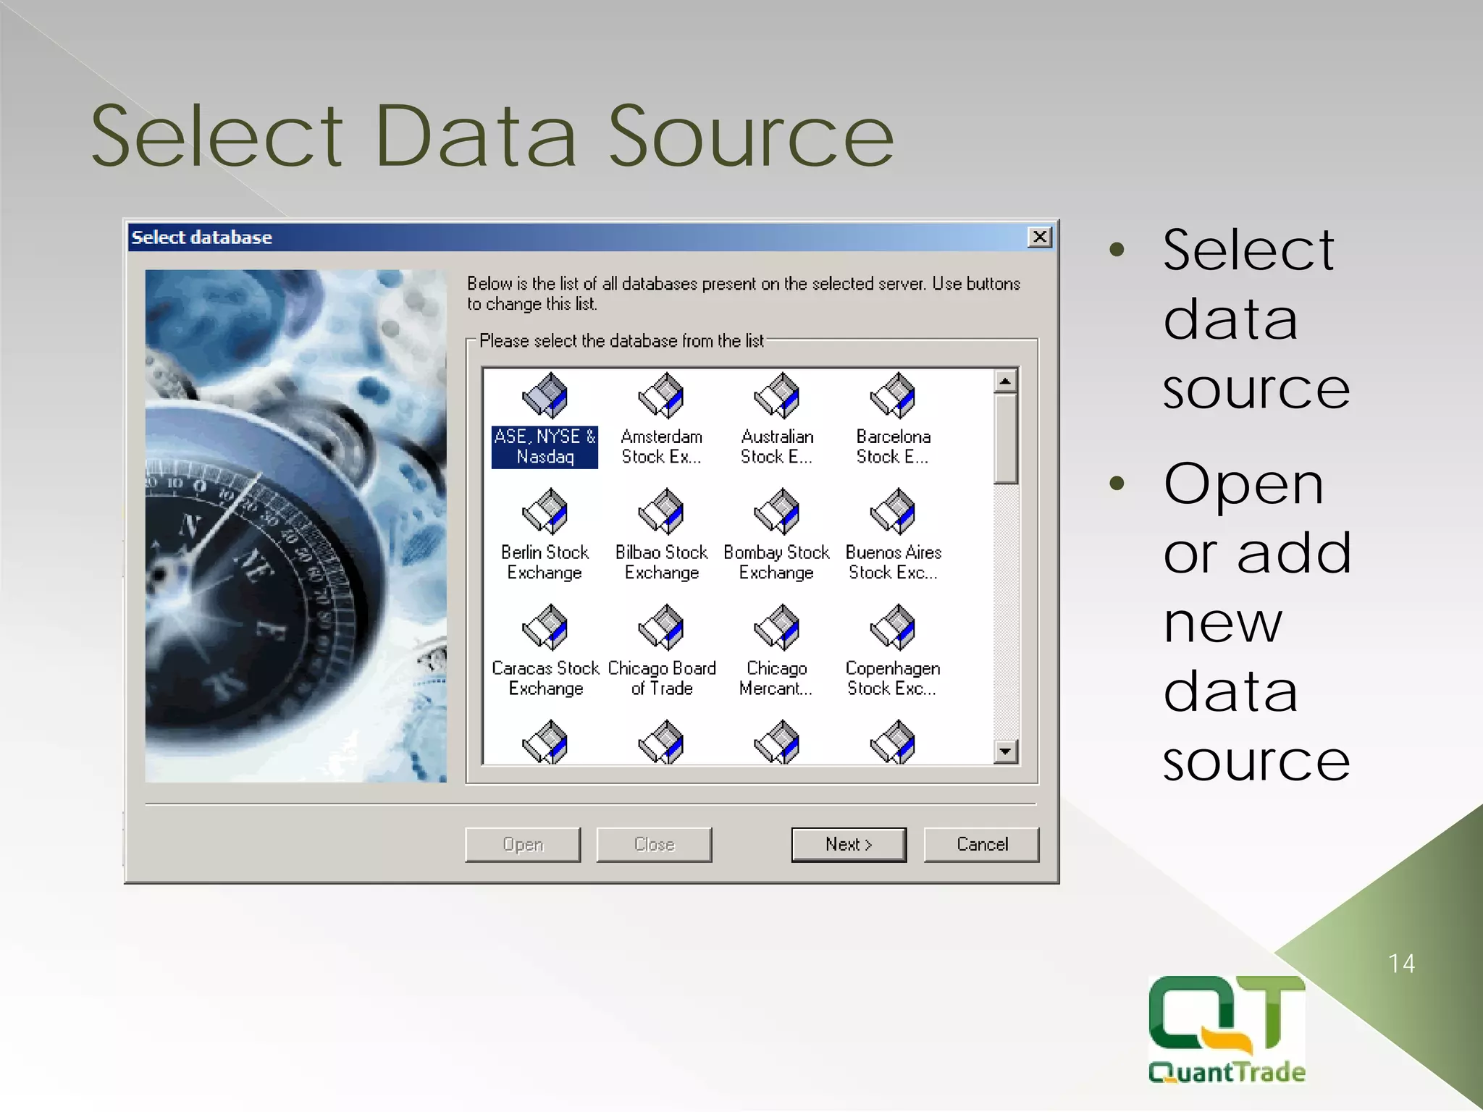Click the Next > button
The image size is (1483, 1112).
coord(848,844)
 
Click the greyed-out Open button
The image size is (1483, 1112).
coord(522,844)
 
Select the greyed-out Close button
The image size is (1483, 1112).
coord(654,844)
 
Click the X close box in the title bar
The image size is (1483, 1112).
coord(1039,237)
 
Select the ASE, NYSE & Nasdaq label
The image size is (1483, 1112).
coord(545,447)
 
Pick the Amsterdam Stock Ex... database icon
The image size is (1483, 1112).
coord(660,395)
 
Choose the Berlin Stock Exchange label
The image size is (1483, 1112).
coord(545,563)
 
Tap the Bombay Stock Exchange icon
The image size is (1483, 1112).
coord(776,511)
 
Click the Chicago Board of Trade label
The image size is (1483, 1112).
coord(662,678)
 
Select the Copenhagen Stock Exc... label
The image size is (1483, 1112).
coord(892,678)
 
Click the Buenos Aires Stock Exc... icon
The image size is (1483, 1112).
coord(892,511)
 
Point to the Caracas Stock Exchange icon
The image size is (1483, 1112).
coord(545,627)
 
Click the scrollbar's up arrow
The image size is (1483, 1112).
coord(1005,381)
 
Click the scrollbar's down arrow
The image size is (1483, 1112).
coord(1005,751)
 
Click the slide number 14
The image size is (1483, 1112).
coord(1401,964)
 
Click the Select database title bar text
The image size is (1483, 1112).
coord(201,237)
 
